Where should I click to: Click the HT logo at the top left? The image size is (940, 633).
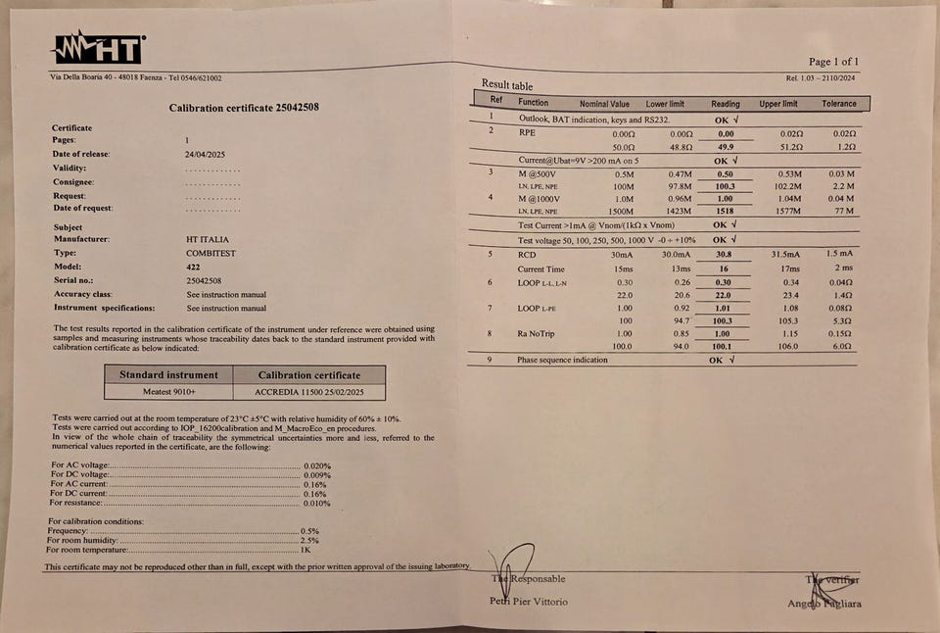(98, 49)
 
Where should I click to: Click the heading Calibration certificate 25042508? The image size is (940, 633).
(243, 108)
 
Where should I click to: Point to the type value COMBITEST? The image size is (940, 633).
(210, 253)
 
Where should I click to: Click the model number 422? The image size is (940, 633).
(192, 267)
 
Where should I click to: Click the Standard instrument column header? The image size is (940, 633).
(168, 374)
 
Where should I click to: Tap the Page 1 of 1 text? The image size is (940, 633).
(833, 62)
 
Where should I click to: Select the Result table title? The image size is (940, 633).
(507, 84)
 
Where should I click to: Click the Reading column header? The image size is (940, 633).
(725, 104)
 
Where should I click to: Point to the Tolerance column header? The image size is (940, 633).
(838, 104)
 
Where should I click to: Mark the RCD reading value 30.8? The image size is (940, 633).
(724, 255)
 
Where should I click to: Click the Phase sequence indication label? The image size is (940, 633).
(562, 360)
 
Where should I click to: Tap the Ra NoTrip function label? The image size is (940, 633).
(537, 333)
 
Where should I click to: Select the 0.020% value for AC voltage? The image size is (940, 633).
(317, 466)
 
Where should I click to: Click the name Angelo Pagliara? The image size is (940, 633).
(824, 604)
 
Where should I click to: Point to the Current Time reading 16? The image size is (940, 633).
(724, 268)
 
